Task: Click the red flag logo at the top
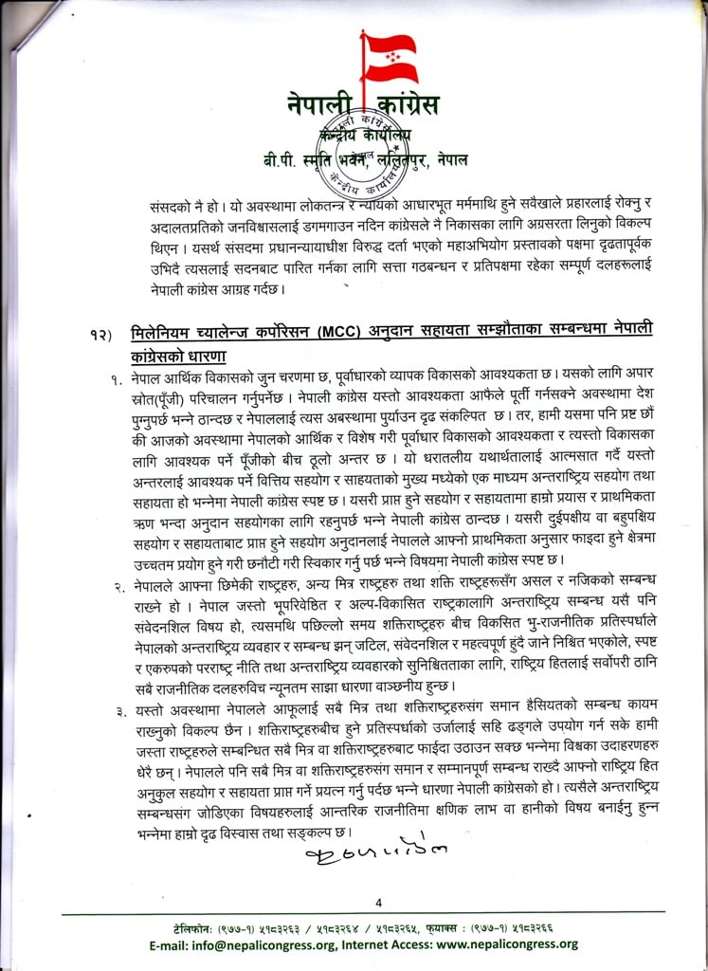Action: click(390, 59)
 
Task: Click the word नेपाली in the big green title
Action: click(318, 106)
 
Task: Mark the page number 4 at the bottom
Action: click(378, 901)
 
